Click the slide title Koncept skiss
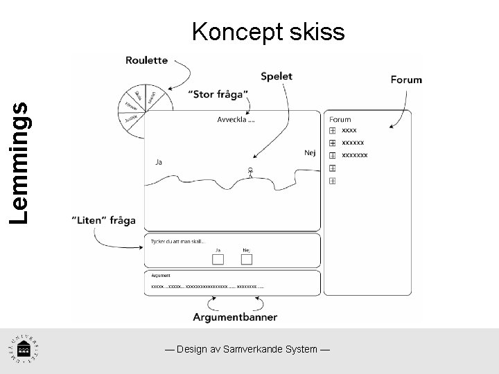(268, 31)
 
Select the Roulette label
(146, 60)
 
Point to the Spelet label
(277, 77)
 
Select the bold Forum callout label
(406, 79)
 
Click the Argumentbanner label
(236, 317)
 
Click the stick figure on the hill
(250, 172)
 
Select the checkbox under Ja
(218, 259)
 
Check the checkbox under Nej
(246, 259)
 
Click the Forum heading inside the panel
(340, 119)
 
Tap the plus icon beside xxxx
(333, 130)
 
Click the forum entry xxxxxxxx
(355, 155)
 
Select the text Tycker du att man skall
(178, 241)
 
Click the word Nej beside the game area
(309, 153)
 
